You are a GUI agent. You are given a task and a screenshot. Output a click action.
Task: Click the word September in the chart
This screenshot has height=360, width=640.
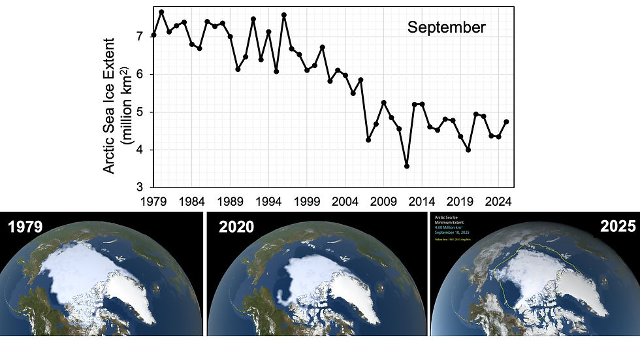tap(446, 27)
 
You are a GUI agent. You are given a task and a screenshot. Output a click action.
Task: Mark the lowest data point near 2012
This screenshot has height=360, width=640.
tap(407, 166)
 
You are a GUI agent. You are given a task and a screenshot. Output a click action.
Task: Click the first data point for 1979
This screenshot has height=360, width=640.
tap(153, 35)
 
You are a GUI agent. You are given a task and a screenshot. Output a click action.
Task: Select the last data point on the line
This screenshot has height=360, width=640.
tap(506, 122)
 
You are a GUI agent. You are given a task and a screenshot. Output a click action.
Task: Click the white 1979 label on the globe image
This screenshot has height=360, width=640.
tap(24, 227)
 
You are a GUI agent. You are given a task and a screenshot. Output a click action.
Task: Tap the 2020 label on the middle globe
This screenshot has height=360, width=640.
tap(236, 227)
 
